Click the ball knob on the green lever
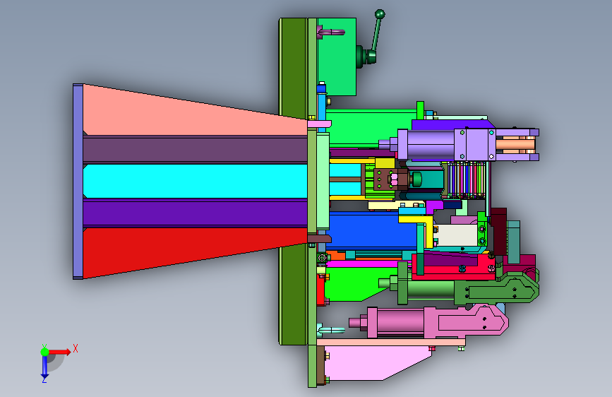pyautogui.click(x=380, y=14)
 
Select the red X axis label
pyautogui.click(x=76, y=348)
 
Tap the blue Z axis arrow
pyautogui.click(x=44, y=366)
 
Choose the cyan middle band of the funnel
pyautogui.click(x=195, y=182)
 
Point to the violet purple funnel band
pyautogui.click(x=195, y=213)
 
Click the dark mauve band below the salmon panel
pyautogui.click(x=195, y=150)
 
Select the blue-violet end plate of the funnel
pyautogui.click(x=78, y=182)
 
